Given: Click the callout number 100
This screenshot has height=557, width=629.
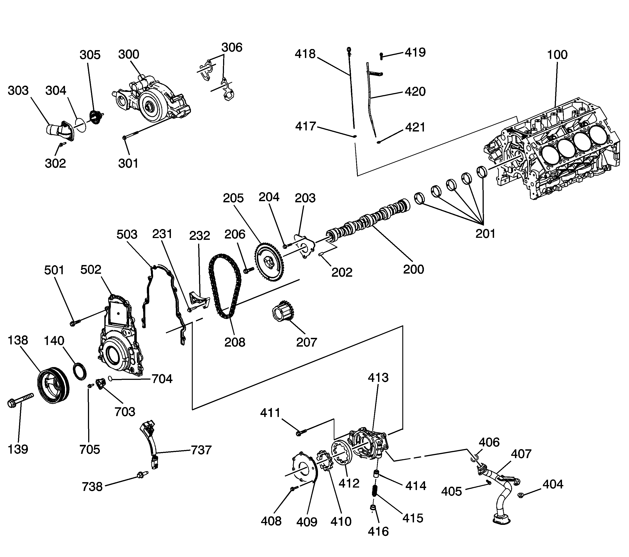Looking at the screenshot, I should click(557, 55).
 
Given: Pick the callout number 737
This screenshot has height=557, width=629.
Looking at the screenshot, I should click(201, 450).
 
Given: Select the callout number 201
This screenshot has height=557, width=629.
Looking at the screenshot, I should click(485, 234).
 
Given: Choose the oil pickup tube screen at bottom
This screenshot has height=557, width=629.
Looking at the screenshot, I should click(501, 520).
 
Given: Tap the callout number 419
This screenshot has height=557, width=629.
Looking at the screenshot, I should click(415, 52).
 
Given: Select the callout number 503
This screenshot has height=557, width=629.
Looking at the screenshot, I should click(127, 234).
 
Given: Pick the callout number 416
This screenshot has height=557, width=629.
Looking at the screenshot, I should click(378, 531).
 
